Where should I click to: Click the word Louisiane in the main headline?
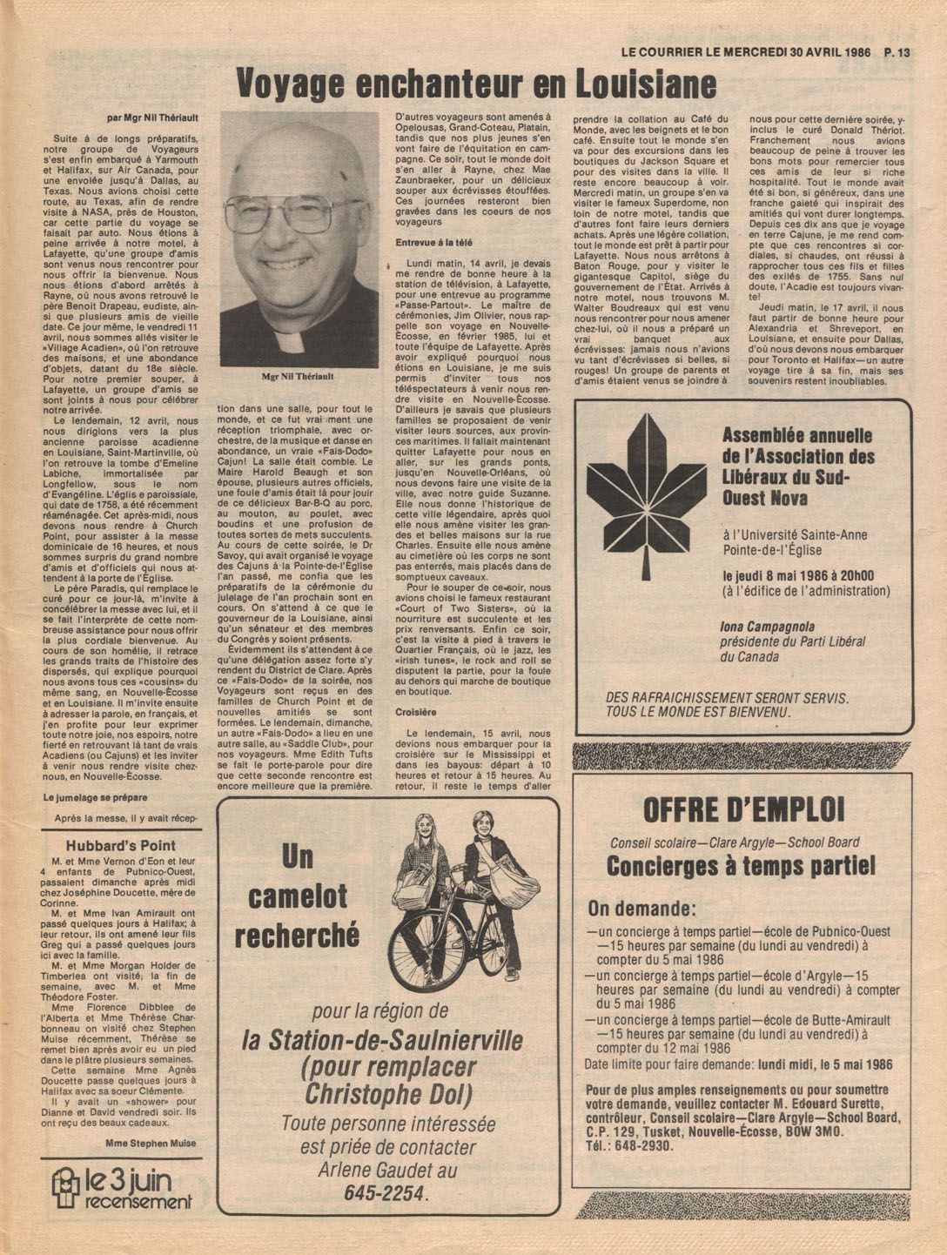point(645,85)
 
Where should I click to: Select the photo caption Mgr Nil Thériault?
point(298,377)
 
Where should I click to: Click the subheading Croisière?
point(415,712)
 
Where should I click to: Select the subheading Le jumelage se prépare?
point(95,797)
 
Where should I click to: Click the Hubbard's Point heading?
point(121,845)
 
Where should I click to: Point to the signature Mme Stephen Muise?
point(150,1143)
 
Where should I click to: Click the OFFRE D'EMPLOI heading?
point(743,810)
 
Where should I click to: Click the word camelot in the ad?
point(298,896)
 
